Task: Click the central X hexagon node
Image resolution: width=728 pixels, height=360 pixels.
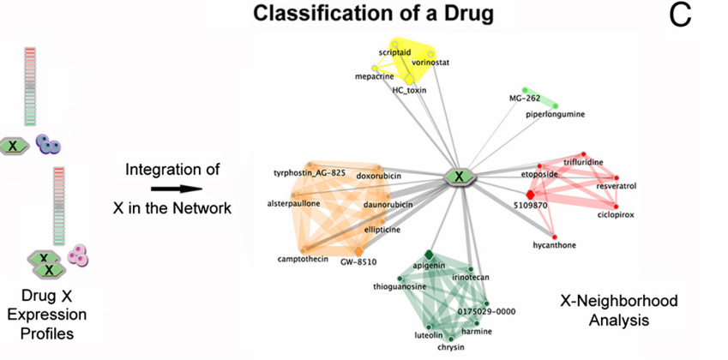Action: pos(460,177)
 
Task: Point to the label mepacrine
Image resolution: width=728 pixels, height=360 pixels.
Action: pos(374,76)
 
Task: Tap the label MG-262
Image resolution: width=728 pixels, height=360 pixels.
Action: pos(525,99)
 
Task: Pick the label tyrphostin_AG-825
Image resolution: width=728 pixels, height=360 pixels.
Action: pos(310,173)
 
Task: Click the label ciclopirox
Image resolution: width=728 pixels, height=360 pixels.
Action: pos(616,215)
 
